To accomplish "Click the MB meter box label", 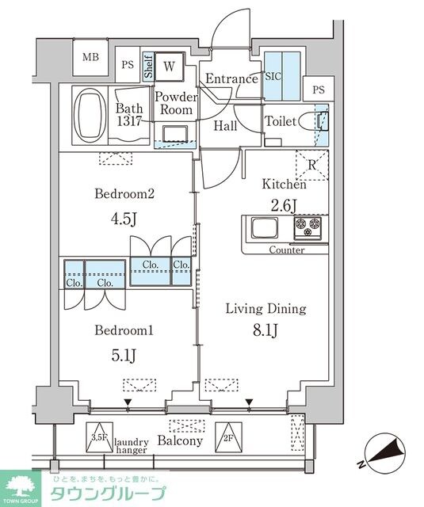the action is pyautogui.click(x=90, y=57).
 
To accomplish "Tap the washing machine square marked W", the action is pyautogui.click(x=169, y=67).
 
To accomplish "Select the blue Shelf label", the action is pyautogui.click(x=148, y=67).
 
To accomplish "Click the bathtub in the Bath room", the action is pyautogui.click(x=90, y=114).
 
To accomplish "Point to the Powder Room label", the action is pyautogui.click(x=176, y=104).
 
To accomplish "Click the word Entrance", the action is pyautogui.click(x=231, y=78).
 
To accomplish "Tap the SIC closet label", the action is pyautogui.click(x=273, y=76).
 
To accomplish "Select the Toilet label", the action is pyautogui.click(x=281, y=121).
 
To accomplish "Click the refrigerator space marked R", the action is pyautogui.click(x=312, y=165).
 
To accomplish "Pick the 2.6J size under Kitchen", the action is pyautogui.click(x=284, y=206).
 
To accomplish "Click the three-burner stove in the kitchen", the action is pyautogui.click(x=307, y=228).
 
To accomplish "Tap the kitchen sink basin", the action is pyautogui.click(x=265, y=227).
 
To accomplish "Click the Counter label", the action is pyautogui.click(x=287, y=250).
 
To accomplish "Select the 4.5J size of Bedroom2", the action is pyautogui.click(x=124, y=219).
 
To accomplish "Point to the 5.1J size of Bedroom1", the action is pyautogui.click(x=124, y=356).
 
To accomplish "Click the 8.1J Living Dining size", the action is pyautogui.click(x=265, y=330).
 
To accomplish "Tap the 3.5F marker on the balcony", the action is pyautogui.click(x=99, y=437).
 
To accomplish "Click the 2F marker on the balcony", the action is pyautogui.click(x=228, y=437).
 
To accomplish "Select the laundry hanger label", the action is pyautogui.click(x=132, y=446).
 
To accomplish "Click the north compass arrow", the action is pyautogui.click(x=385, y=452).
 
